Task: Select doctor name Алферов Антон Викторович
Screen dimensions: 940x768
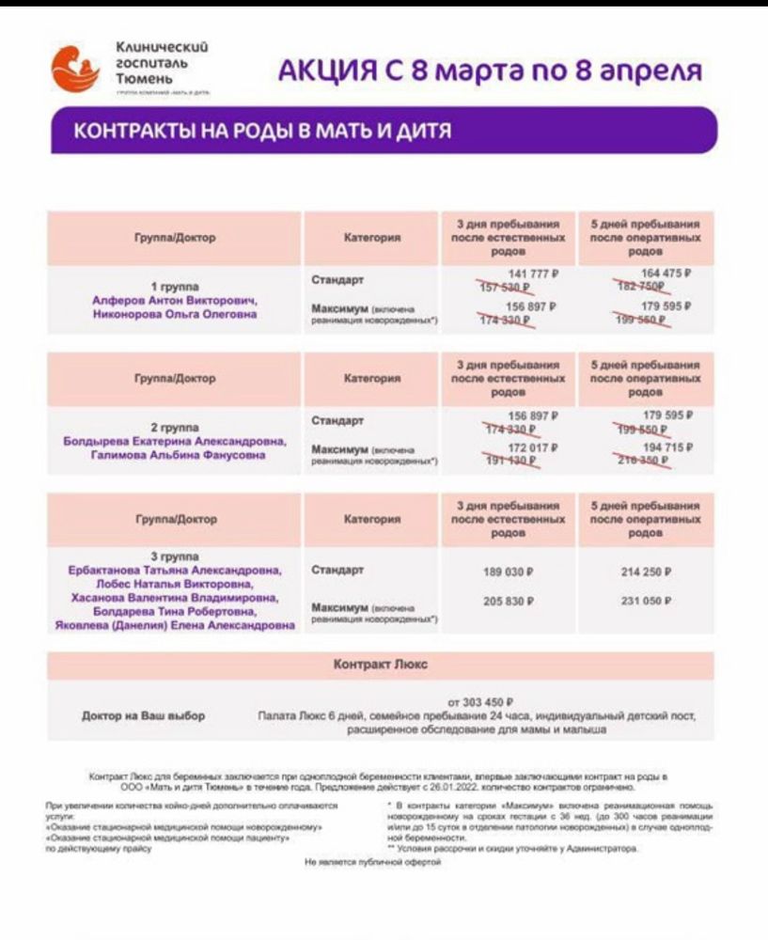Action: [174, 300]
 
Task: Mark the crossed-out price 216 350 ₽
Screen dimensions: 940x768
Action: [642, 462]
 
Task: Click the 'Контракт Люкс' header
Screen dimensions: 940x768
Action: [380, 665]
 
